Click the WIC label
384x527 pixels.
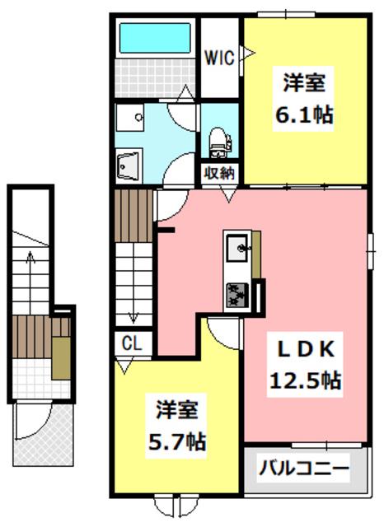point(219,58)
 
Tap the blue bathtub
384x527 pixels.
point(155,38)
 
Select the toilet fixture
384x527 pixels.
point(219,142)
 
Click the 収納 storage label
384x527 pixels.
point(220,174)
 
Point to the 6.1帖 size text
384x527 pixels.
point(304,115)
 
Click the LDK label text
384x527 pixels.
point(306,349)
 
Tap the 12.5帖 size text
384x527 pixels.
point(306,380)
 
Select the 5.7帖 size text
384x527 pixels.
point(177,441)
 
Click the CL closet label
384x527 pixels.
point(132,343)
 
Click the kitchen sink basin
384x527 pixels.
point(238,249)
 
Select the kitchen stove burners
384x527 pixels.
point(237,295)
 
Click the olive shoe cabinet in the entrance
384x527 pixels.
point(61,358)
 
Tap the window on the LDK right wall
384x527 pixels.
point(370,251)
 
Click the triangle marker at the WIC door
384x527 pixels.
point(248,53)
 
